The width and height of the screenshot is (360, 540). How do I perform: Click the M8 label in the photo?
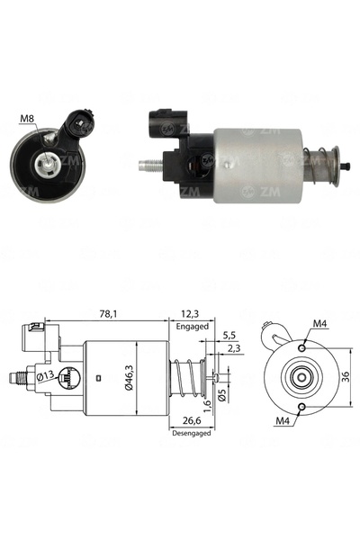point(27,119)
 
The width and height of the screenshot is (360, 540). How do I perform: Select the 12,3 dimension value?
point(191,314)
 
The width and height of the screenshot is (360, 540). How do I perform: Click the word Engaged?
point(193,326)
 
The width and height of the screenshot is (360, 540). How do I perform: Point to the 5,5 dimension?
point(229,335)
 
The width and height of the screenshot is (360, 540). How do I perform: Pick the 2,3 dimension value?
point(234,348)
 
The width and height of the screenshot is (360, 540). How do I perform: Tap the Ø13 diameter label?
point(46,376)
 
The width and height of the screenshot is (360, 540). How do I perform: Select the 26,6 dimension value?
point(192,420)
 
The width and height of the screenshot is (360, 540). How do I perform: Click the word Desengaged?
point(191,433)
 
